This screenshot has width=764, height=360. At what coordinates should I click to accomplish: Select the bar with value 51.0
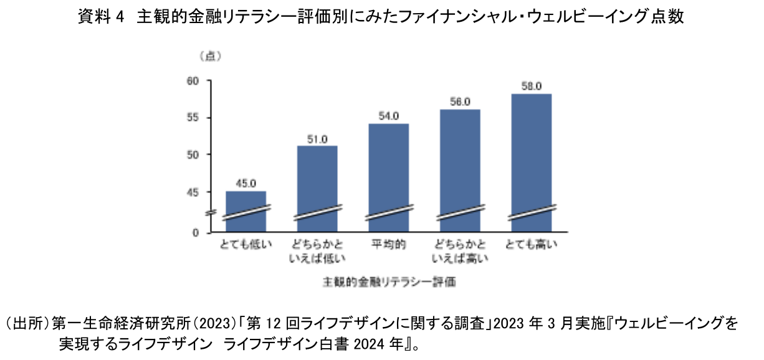pyautogui.click(x=317, y=187)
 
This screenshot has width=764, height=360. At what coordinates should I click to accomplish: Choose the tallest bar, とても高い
pyautogui.click(x=532, y=162)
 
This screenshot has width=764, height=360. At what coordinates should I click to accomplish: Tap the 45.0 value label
pyautogui.click(x=246, y=183)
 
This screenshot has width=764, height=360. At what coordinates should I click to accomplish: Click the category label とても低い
pyautogui.click(x=246, y=244)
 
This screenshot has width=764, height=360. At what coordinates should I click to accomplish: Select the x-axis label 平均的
pyautogui.click(x=389, y=244)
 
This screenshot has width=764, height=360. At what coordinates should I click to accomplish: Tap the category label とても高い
pyautogui.click(x=532, y=244)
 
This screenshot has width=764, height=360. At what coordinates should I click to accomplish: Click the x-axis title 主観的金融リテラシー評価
pyautogui.click(x=389, y=282)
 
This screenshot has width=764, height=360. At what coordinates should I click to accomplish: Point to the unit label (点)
pyautogui.click(x=211, y=55)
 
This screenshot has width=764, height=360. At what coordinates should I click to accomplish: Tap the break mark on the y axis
pyautogui.click(x=210, y=213)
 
